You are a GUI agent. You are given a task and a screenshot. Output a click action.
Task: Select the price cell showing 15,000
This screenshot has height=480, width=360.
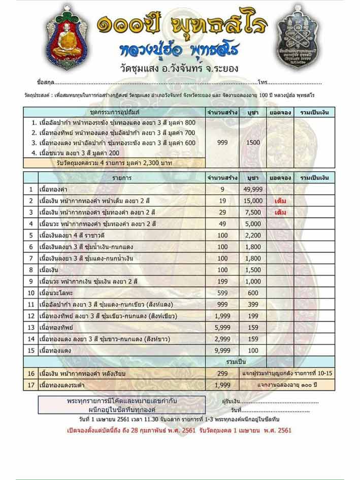pyautogui.click(x=253, y=201)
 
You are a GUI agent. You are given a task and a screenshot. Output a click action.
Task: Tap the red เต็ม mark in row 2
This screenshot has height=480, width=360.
pyautogui.click(x=280, y=201)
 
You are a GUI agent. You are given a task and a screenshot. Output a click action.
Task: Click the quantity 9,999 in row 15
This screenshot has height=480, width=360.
pyautogui.click(x=222, y=350)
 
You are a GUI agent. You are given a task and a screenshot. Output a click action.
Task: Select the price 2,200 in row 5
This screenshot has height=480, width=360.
pyautogui.click(x=253, y=235)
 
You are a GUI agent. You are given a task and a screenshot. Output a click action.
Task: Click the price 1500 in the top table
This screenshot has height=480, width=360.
pyautogui.click(x=253, y=143)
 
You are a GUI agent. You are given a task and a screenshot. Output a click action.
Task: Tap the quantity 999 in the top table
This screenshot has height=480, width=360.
pyautogui.click(x=222, y=143)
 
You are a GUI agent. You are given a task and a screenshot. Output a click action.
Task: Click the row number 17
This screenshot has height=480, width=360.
pyautogui.click(x=31, y=385)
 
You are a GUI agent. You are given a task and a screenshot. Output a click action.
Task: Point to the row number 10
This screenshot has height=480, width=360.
pyautogui.click(x=31, y=293)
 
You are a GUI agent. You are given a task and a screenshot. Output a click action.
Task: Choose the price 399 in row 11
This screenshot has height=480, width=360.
pyautogui.click(x=253, y=304)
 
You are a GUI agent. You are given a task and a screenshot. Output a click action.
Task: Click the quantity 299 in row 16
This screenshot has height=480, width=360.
pyautogui.click(x=222, y=373)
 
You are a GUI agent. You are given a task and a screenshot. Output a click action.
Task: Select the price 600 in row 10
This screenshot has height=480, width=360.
pyautogui.click(x=253, y=293)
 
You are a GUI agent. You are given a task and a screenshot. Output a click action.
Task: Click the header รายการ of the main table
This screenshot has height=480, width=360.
pyautogui.click(x=121, y=178)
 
